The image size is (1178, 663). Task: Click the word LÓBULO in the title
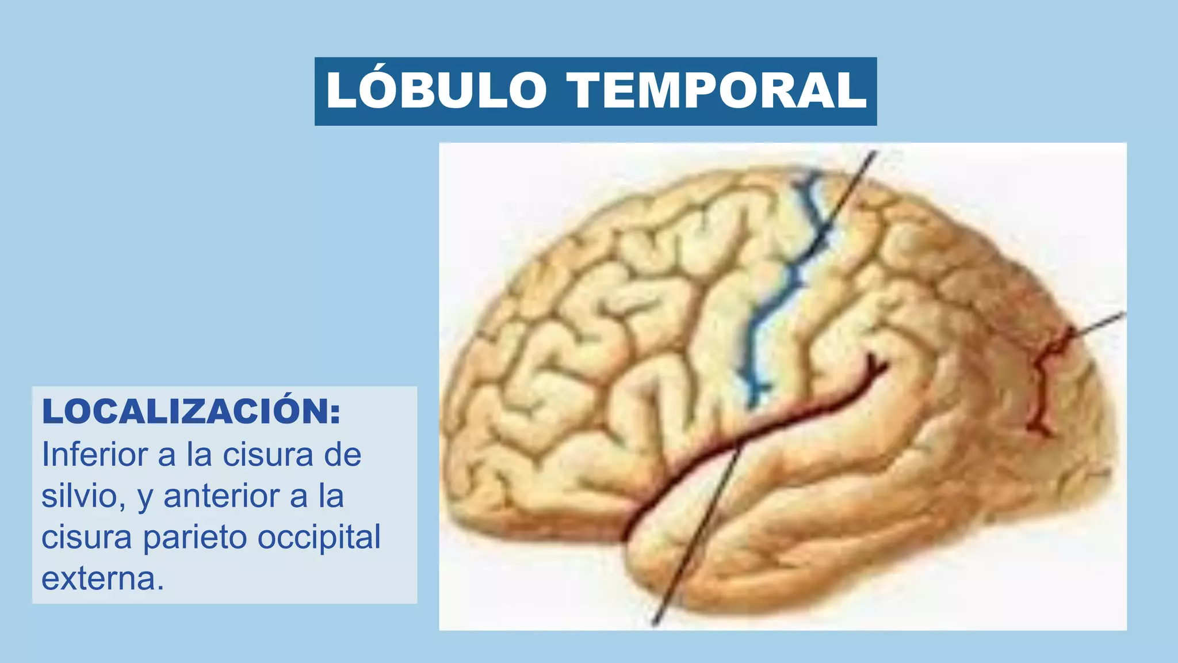click(x=436, y=90)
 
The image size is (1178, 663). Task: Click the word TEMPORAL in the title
click(x=717, y=90)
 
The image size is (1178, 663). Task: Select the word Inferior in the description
click(x=95, y=455)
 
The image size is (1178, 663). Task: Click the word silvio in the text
click(x=79, y=496)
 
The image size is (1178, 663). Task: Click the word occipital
click(x=319, y=538)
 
